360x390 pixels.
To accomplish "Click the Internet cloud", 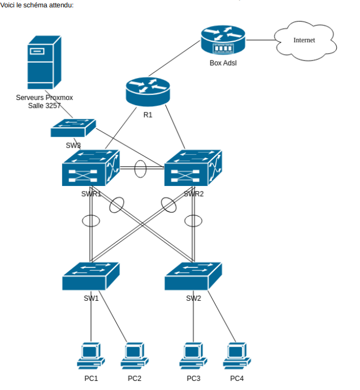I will click(303, 41).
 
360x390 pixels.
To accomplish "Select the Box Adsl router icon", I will click(223, 40).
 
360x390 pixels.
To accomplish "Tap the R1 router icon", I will click(148, 91).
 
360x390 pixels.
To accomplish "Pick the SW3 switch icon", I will click(73, 128).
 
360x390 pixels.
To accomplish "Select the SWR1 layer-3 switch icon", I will click(91, 168).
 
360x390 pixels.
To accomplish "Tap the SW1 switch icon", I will click(91, 276).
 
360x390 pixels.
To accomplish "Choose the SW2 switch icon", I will click(193, 276).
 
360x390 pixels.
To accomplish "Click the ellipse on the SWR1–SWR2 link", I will click(141, 168).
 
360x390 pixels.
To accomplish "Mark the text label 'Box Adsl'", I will click(223, 63).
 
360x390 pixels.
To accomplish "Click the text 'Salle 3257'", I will click(44, 106).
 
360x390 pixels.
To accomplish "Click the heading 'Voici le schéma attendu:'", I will click(37, 5).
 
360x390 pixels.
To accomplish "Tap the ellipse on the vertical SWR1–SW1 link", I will click(91, 220).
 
